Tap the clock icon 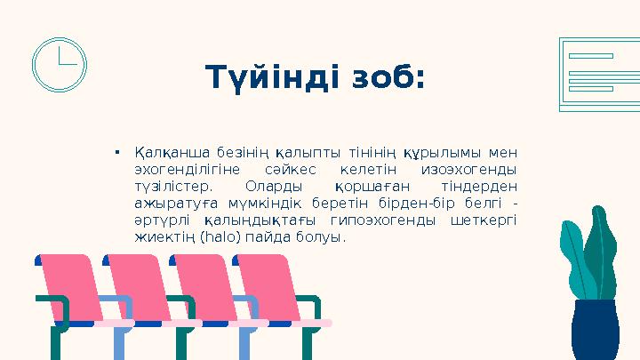coord(59,64)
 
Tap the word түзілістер coord(173,187)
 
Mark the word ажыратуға coord(166,204)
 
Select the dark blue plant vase coord(595,330)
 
